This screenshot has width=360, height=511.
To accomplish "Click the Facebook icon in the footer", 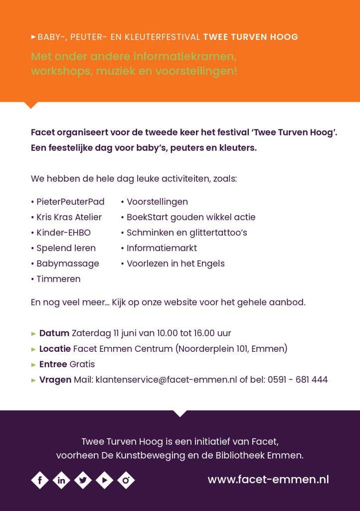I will click(40, 480).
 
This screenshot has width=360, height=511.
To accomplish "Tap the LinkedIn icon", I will click(61, 480).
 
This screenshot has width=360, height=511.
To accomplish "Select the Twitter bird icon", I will click(83, 480).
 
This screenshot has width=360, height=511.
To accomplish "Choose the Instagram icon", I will click(126, 480).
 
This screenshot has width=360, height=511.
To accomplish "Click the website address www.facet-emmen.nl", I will click(268, 480).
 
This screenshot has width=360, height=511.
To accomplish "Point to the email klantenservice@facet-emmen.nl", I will click(166, 380).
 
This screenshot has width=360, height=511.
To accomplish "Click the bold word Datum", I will click(54, 333).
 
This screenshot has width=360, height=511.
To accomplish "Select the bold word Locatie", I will click(55, 349).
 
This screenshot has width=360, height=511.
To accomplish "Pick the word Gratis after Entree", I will click(82, 364).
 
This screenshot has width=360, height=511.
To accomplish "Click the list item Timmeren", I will click(58, 279).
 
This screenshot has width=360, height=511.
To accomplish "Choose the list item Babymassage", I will click(68, 263).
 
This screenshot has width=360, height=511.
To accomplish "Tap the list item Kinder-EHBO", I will click(63, 233).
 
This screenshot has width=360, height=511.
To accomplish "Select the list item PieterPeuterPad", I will click(70, 202).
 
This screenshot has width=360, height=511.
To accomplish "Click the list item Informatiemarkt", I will click(162, 248).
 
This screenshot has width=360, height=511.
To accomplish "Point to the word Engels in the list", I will click(211, 263).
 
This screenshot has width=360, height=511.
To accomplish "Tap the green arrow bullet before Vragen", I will click(33, 380).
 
